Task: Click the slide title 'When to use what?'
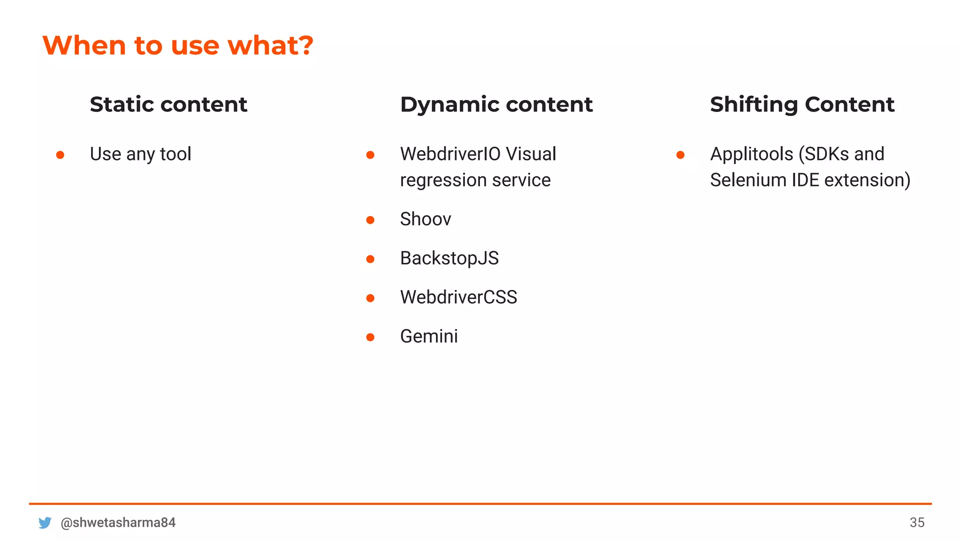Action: (x=177, y=46)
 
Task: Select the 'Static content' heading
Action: (x=168, y=104)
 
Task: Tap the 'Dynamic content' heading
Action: (x=496, y=104)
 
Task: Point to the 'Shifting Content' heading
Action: (x=802, y=104)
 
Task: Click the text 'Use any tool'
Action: (x=140, y=154)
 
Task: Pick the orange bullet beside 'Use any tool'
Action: (x=60, y=155)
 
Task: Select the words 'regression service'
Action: (x=475, y=180)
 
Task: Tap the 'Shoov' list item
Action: (x=425, y=219)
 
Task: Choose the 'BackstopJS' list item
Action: (x=449, y=258)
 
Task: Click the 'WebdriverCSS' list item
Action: (x=458, y=297)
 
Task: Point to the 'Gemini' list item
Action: (x=428, y=336)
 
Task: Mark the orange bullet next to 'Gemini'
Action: (x=370, y=337)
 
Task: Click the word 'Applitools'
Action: (x=751, y=154)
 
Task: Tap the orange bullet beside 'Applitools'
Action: (x=680, y=155)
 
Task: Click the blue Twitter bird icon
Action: (x=45, y=523)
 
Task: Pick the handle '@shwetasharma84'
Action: (x=118, y=523)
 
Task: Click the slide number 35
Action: (x=917, y=523)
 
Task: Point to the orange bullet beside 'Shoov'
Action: (x=370, y=220)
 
